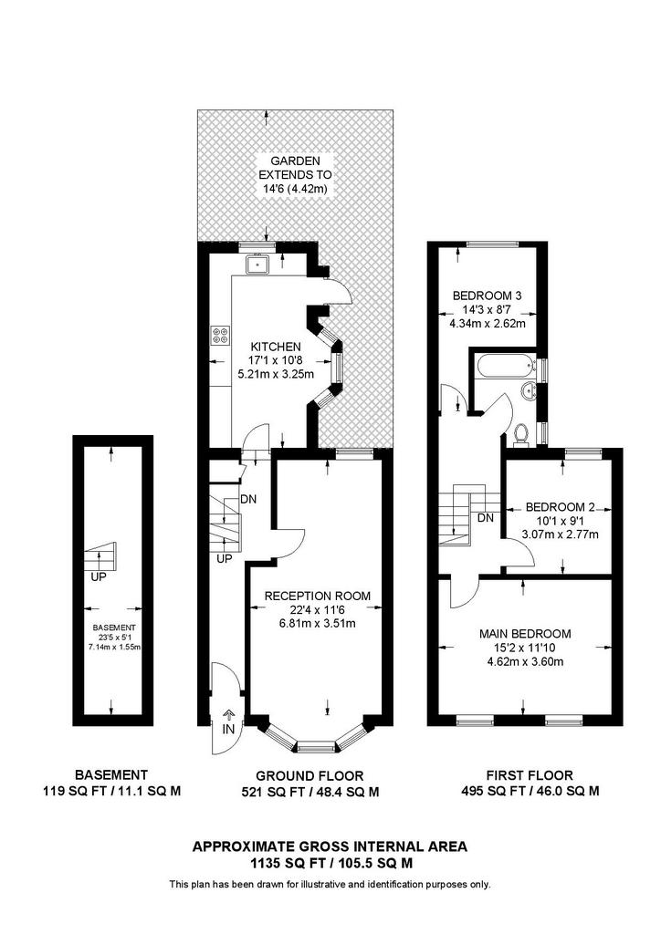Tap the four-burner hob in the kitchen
click(219, 336)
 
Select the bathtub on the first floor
click(504, 365)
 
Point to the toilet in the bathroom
click(522, 433)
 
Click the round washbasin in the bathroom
click(528, 390)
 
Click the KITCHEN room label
click(276, 347)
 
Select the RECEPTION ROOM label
click(317, 596)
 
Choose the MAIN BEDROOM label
click(525, 634)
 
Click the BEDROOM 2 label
click(560, 507)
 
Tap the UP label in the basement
click(99, 576)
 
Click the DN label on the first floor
click(486, 518)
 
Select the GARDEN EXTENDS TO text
click(296, 168)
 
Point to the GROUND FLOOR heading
click(310, 776)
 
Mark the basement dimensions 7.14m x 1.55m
click(114, 647)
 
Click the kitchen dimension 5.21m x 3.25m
click(276, 374)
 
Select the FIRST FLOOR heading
click(530, 775)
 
